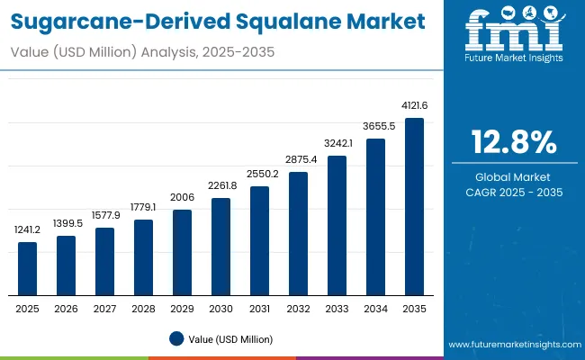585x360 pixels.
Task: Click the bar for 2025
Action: point(28,268)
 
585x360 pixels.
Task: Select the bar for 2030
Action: point(220,247)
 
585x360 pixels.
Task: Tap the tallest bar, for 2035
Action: point(414,206)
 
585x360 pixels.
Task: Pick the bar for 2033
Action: point(337,225)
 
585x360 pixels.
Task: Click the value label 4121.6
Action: point(414,106)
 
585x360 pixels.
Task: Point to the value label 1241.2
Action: point(28,230)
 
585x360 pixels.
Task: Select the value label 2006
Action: point(182,198)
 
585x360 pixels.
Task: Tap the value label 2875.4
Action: point(298,160)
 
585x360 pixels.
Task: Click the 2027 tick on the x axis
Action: point(104,309)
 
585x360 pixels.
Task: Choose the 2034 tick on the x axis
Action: point(375,309)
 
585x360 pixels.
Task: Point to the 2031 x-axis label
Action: point(259,309)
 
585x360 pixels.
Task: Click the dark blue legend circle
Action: point(177,339)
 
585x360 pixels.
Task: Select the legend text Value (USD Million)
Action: point(230,339)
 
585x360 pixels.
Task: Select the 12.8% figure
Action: point(514,142)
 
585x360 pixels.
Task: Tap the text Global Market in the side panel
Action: point(514,177)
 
